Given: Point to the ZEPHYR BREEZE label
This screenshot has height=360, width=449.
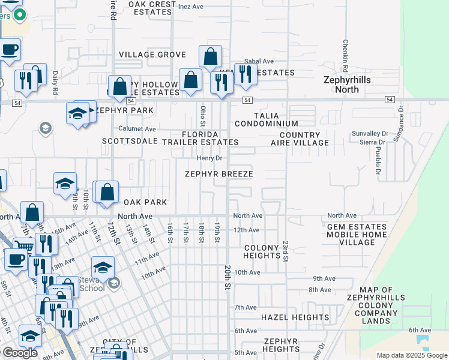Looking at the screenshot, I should click(x=218, y=174).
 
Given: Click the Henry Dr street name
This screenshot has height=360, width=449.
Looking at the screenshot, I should click(x=210, y=158).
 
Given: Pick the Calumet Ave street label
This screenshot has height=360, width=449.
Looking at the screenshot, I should click(x=137, y=129).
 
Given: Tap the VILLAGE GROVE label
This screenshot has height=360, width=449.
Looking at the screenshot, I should click(x=152, y=55).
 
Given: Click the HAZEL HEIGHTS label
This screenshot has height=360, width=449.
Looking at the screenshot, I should click(x=294, y=317).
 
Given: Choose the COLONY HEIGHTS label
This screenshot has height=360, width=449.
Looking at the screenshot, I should click(x=262, y=251).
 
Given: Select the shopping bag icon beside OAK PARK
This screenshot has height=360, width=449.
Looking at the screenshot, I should click(x=107, y=193).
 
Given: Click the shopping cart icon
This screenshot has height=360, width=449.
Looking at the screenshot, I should click(x=23, y=245).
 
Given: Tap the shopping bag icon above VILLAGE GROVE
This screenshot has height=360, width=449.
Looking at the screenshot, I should click(x=210, y=57).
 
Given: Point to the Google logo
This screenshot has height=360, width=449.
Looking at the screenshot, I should click(x=19, y=353).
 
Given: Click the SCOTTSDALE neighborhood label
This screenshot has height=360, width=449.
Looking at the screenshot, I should click(x=130, y=142).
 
